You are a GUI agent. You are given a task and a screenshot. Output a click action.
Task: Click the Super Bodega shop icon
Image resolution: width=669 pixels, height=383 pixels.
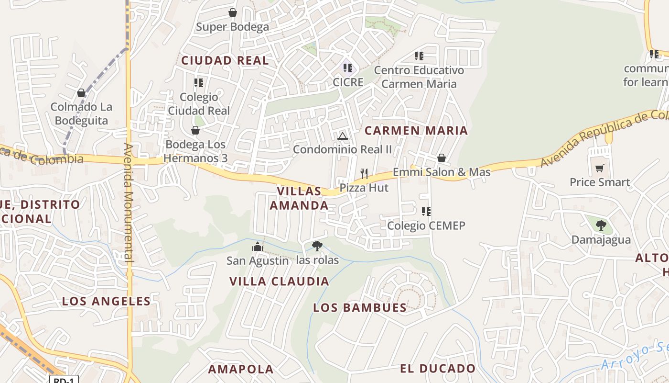233,12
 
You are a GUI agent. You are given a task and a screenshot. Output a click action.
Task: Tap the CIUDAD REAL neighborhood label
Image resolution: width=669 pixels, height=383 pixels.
225,61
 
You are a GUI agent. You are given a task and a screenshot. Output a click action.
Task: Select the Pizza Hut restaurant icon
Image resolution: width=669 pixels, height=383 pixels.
364,173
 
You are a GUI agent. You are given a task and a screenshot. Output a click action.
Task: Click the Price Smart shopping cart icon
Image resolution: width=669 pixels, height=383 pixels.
600,168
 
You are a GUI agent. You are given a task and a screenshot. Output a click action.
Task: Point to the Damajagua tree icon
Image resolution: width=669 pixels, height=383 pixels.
601,225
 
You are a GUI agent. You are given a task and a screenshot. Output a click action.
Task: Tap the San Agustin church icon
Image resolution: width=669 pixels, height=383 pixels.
258,247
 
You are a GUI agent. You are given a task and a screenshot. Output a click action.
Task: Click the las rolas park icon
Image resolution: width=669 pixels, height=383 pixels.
317,246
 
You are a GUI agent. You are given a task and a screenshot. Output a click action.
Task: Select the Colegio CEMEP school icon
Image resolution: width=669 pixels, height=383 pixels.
426,211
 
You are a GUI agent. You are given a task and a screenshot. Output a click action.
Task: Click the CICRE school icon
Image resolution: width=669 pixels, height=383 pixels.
348,68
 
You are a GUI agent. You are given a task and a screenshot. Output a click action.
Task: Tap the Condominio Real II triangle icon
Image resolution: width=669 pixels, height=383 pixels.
342,136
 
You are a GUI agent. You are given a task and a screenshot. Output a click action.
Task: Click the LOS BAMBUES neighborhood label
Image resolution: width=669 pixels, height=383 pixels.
360,308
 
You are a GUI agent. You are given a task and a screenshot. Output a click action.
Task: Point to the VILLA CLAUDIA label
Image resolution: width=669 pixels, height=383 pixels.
280,282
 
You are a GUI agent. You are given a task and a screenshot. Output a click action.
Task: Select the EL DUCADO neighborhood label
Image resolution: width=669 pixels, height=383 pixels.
438,369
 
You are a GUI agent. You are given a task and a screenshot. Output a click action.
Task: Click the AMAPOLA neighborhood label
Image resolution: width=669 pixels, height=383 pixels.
241,369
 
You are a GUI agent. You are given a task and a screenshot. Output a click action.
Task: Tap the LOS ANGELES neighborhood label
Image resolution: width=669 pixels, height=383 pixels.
106,301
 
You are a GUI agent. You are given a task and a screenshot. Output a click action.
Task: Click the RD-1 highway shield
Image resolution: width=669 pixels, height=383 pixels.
64,380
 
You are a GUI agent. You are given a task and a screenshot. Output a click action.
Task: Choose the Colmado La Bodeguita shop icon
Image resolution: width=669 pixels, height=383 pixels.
81,93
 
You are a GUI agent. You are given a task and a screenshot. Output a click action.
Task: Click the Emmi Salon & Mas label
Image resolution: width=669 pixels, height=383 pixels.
442,172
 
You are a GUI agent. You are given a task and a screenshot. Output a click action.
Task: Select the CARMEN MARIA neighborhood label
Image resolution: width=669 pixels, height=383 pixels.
416,131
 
